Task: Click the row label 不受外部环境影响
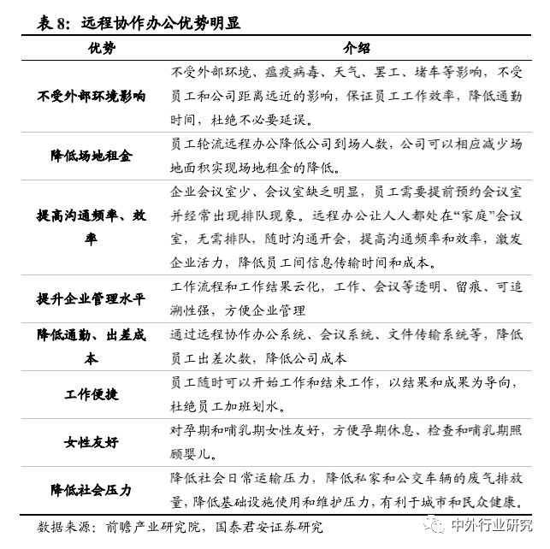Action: coord(92,96)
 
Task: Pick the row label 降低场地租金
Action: coord(92,156)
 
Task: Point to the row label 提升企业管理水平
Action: coord(92,298)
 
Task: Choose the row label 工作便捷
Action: coord(91,394)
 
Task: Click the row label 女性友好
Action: coord(91,442)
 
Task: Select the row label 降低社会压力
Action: coord(91,490)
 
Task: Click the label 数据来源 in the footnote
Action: coord(62,527)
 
